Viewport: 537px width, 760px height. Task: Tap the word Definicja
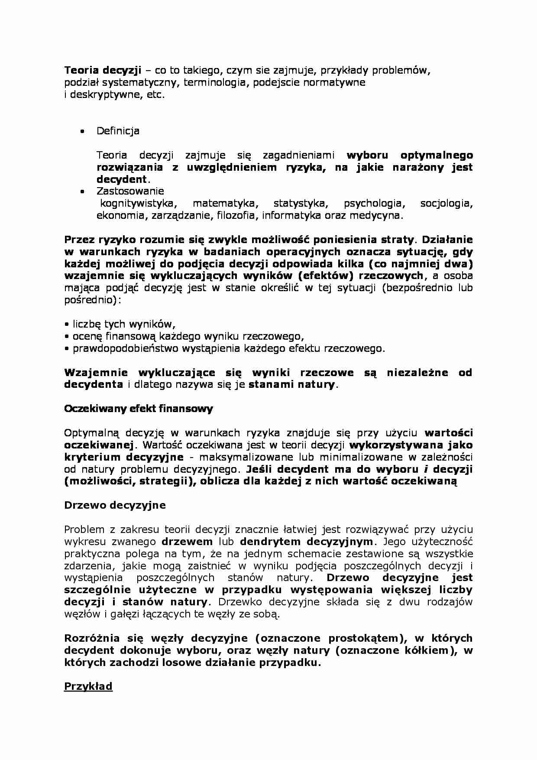(118, 131)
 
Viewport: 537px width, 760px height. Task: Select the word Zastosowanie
(130, 191)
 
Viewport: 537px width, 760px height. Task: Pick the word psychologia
(372, 204)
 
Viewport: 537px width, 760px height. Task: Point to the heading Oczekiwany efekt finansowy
(138, 409)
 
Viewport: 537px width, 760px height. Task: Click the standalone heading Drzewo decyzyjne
(115, 505)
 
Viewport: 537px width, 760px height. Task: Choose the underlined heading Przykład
(88, 686)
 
